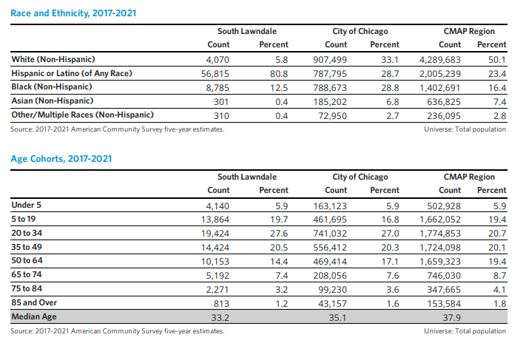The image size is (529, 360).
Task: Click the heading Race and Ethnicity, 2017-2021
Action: [73, 13]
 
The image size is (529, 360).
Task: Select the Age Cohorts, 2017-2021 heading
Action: [61, 159]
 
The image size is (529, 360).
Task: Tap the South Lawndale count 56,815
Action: [215, 74]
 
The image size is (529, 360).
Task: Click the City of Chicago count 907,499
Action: [330, 60]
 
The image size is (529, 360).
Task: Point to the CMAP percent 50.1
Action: [497, 60]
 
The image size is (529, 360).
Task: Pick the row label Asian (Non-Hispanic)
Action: [53, 101]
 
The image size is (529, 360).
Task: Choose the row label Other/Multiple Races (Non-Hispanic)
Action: [83, 115]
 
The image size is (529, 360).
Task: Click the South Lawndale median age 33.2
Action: [220, 318]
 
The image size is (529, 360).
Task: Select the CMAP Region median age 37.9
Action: [452, 318]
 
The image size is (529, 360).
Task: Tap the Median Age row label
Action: [34, 317]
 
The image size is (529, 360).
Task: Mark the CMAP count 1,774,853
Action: [440, 234]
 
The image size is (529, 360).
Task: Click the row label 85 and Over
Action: [34, 302]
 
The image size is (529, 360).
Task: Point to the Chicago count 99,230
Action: [332, 290]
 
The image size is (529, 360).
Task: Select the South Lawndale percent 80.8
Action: [279, 74]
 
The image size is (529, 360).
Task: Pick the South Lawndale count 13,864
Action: [215, 220]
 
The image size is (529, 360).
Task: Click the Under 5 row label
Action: [27, 205]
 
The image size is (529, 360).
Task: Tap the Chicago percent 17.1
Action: [390, 262]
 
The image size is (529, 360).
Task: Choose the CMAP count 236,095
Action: [444, 116]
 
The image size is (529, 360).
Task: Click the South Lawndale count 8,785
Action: [218, 88]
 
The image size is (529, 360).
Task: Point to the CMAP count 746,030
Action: [444, 276]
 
